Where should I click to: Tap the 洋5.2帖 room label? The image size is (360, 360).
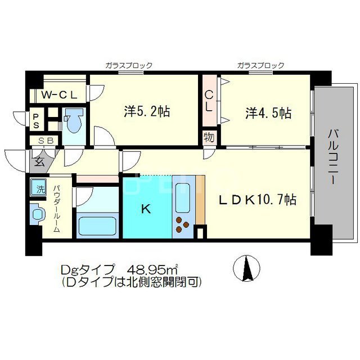point(147,111)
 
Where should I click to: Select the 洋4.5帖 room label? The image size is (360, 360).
point(268,112)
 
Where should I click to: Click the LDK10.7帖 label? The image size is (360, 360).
point(258,200)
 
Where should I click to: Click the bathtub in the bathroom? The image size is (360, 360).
point(96,226)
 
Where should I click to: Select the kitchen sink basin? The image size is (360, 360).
point(184,195)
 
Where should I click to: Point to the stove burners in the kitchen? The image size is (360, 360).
point(183,224)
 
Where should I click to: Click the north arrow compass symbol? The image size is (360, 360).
point(246,268)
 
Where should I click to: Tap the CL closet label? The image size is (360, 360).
point(208,101)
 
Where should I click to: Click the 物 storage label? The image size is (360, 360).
point(208,137)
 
